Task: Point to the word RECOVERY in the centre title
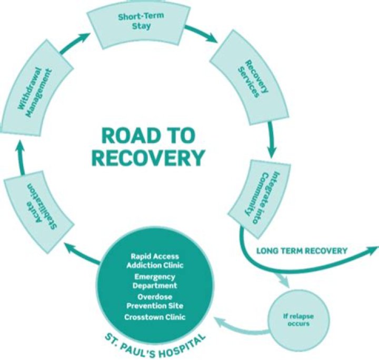tap(153, 157)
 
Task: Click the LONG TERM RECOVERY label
tap(302, 251)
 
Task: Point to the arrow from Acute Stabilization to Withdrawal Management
tap(20, 158)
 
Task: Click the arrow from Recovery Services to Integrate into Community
tap(272, 139)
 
